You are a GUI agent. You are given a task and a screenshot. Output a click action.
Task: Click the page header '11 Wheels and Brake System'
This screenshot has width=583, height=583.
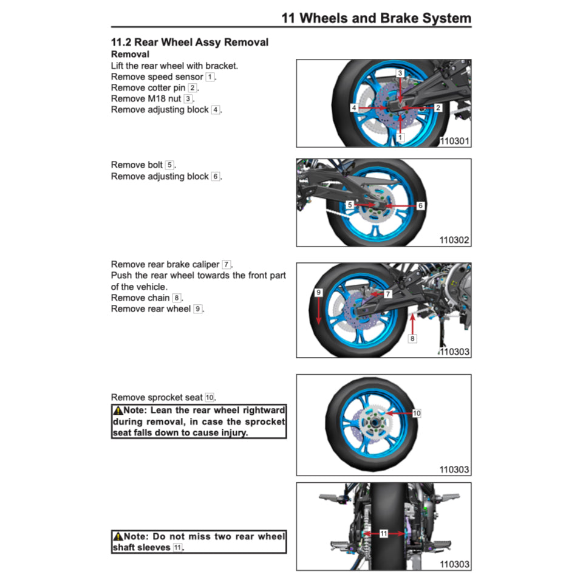click(x=376, y=18)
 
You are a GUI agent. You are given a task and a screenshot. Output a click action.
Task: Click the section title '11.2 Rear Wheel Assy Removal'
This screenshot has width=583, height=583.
click(x=189, y=43)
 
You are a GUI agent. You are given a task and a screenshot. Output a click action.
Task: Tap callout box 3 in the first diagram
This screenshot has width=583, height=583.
click(x=400, y=73)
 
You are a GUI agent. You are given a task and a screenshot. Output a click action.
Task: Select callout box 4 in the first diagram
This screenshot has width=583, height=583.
click(x=353, y=107)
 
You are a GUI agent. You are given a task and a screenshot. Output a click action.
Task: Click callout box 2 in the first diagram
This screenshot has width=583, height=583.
click(x=438, y=107)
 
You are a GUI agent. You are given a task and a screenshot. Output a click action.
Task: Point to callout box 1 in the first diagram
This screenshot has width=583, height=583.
click(x=400, y=138)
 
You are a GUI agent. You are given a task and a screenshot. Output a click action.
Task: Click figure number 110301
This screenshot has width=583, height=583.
click(x=454, y=141)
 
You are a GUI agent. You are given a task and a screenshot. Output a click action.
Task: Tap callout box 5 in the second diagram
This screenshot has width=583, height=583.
click(x=350, y=205)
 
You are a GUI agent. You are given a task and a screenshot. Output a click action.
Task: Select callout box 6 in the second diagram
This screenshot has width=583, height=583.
click(x=420, y=206)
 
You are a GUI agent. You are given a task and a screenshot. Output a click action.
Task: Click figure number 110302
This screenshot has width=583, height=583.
click(x=454, y=240)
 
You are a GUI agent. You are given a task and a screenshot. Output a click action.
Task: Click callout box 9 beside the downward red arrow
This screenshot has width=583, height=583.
click(x=318, y=293)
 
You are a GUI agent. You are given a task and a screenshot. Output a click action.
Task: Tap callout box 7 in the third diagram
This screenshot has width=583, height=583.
click(x=388, y=294)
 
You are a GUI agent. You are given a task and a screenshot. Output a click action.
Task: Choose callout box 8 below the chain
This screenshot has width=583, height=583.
click(x=412, y=338)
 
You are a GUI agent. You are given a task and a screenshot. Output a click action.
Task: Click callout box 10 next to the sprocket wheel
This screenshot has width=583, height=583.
click(x=417, y=413)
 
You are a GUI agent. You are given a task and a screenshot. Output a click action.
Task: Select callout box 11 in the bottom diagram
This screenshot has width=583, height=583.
click(x=384, y=534)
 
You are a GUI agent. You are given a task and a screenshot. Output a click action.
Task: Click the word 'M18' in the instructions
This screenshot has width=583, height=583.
click(x=156, y=98)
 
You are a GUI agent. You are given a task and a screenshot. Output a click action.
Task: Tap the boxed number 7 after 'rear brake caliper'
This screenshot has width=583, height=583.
click(x=226, y=265)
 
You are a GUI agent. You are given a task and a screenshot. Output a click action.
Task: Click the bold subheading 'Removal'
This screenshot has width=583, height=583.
click(x=130, y=54)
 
